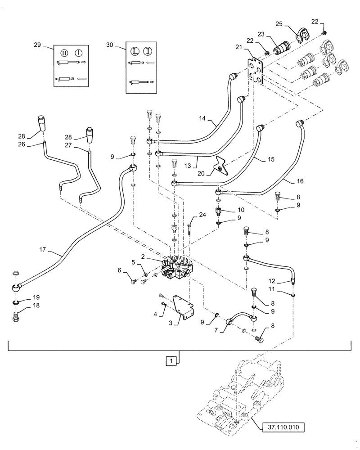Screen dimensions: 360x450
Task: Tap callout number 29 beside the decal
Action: (37, 45)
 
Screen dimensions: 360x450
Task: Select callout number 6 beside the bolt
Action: (120, 270)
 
